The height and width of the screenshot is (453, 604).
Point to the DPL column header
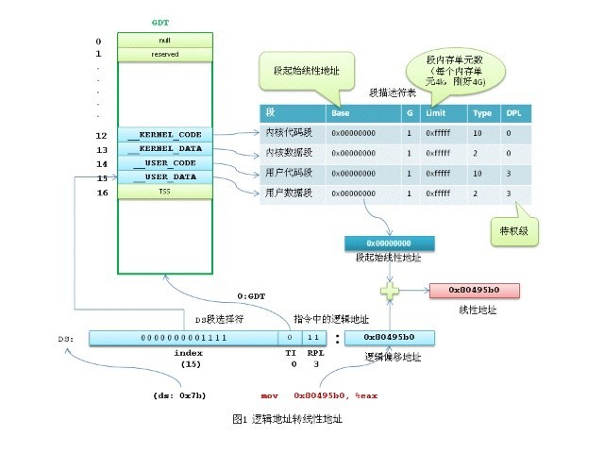[513, 112]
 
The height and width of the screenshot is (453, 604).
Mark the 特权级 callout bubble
[513, 229]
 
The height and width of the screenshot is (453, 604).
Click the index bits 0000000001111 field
[183, 337]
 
